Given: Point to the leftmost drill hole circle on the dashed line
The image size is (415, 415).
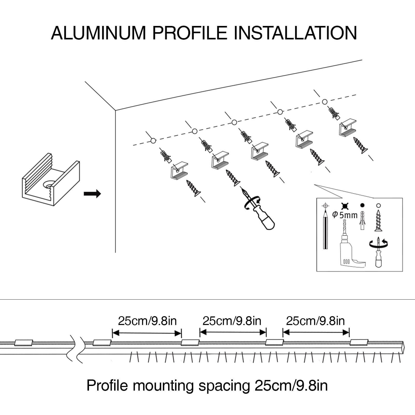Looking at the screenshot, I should [153, 141].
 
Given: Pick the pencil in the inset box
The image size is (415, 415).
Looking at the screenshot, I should [325, 231].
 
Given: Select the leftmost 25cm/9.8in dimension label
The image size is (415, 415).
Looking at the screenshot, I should [147, 321].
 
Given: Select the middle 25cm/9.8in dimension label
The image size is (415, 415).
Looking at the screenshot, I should [232, 321].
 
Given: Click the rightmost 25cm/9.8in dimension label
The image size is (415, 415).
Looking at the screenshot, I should [315, 321].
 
